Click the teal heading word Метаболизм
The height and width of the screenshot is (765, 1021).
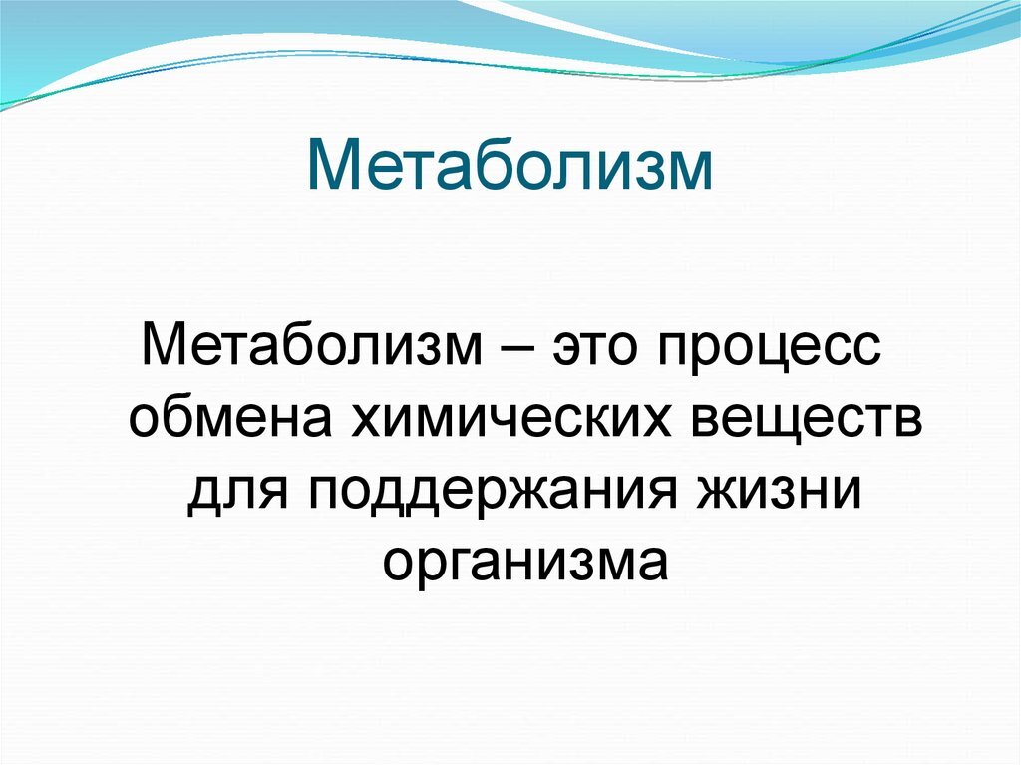click(x=510, y=166)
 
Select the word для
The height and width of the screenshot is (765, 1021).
click(x=239, y=496)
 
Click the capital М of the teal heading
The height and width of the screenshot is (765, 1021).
click(x=334, y=166)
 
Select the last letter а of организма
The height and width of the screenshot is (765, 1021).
click(x=650, y=566)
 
